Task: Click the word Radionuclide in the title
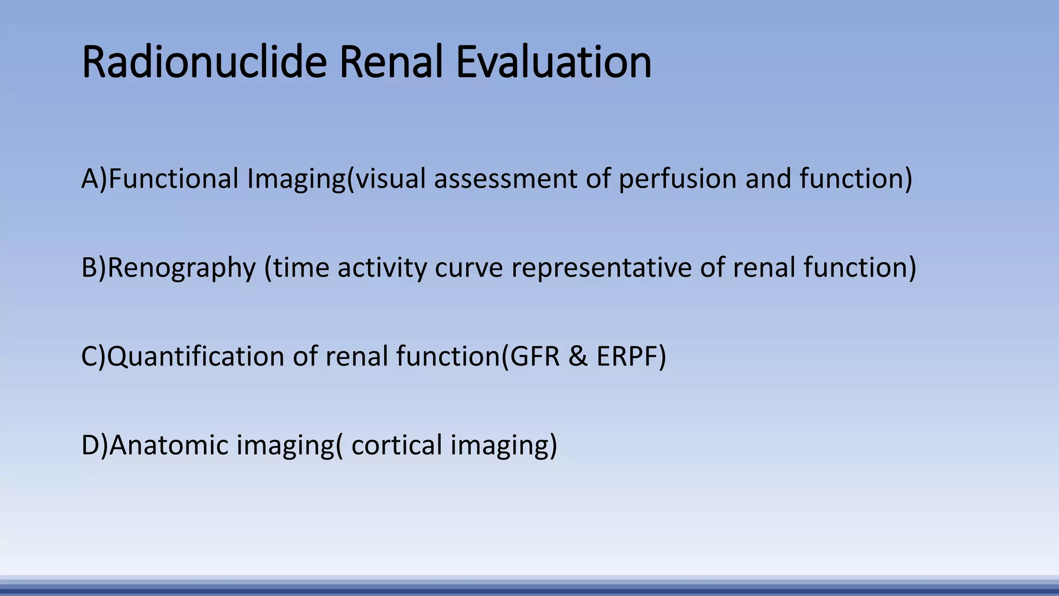[x=204, y=62]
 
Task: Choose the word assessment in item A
[x=505, y=179]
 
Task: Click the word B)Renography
[x=169, y=268]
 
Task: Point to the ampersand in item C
[x=578, y=357]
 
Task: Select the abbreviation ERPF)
[x=631, y=357]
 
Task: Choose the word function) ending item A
[x=856, y=179]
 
